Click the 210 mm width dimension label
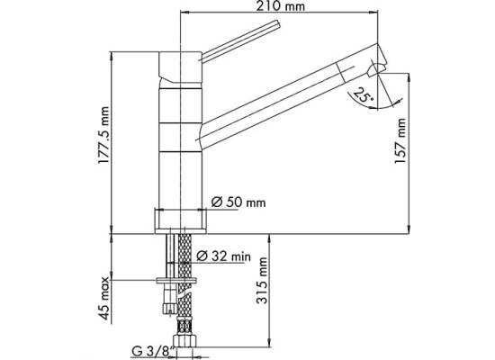280,6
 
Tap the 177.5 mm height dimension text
103,135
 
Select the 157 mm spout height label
400,140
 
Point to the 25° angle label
363,95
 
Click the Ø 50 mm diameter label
238,202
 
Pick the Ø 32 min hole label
223,256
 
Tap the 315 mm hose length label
262,281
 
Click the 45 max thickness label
103,298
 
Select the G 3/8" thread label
153,352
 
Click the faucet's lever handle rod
240,40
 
